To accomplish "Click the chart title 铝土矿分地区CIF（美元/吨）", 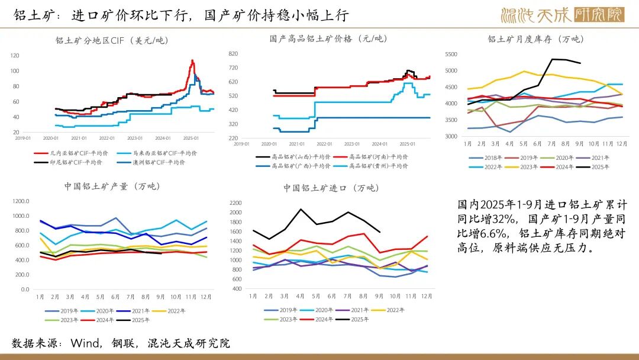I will coord(112,41).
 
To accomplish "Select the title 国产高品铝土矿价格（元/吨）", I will coord(328,39).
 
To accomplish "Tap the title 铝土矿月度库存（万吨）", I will coord(535,39).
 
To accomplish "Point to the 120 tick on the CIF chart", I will coord(15,56).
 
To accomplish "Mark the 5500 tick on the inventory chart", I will coord(451,54).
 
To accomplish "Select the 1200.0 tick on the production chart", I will coord(20,201).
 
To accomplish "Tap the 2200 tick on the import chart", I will coord(235,202).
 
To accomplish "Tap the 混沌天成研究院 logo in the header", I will coord(561,14).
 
